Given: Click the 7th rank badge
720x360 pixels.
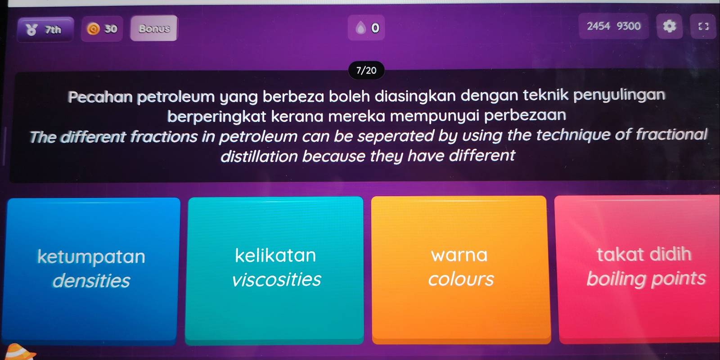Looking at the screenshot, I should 45,30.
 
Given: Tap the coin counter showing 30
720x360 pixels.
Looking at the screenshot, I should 102,29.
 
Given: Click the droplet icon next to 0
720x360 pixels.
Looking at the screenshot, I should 360,28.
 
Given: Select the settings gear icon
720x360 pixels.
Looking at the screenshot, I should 669,27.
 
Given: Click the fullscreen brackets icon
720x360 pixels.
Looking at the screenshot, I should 703,27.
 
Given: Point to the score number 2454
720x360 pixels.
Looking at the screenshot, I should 598,26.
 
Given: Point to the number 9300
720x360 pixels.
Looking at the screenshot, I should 629,26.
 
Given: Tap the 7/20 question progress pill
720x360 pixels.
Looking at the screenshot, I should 366,70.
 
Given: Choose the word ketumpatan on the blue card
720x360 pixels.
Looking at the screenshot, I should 91,256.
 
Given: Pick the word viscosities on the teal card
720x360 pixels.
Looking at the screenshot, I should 276,279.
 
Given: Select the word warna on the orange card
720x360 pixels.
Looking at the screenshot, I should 459,255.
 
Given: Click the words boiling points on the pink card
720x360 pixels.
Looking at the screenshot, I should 646,279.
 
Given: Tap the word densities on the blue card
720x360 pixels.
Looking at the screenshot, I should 91,281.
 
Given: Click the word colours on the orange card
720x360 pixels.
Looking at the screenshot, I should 460,279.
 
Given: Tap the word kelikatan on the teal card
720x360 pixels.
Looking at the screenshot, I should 275,256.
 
